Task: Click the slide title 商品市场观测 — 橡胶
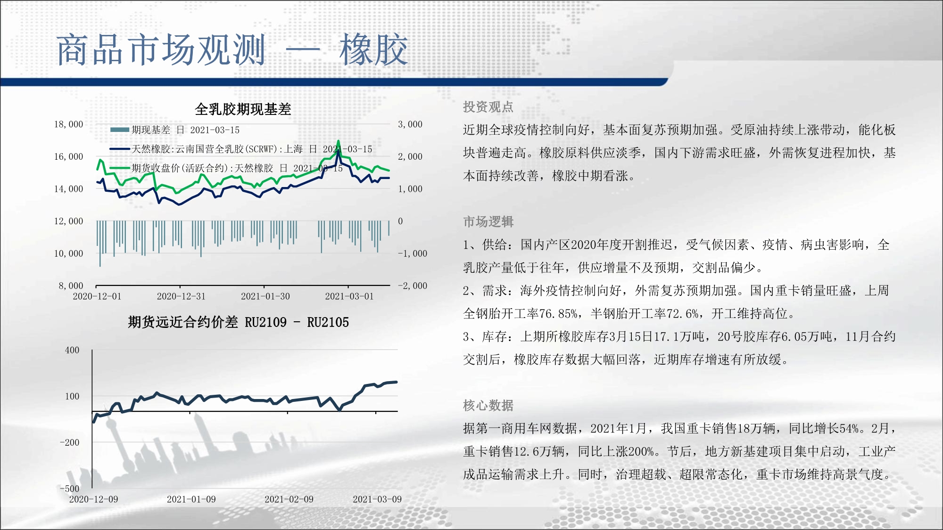pos(232,49)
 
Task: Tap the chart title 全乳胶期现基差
pos(243,109)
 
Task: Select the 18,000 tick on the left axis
pos(68,124)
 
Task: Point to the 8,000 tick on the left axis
pos(71,285)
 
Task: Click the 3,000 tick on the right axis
pos(410,124)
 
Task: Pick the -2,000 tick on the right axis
pos(413,285)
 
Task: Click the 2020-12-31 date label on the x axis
pos(181,296)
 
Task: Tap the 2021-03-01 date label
pos(349,296)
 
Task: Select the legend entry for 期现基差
pos(175,130)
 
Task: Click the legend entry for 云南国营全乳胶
pos(241,149)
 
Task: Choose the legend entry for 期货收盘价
pos(226,168)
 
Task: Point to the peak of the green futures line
pos(338,140)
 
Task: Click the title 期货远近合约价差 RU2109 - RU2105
pos(238,322)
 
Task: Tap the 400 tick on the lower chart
pos(72,350)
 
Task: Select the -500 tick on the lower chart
pos(70,489)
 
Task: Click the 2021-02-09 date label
pos(289,499)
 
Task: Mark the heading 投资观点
pos(488,107)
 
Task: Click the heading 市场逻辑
pos(488,221)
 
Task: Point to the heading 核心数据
pos(488,405)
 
